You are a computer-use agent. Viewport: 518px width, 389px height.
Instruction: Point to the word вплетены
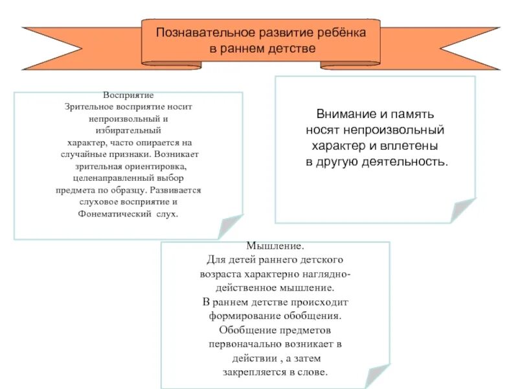[412, 145]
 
